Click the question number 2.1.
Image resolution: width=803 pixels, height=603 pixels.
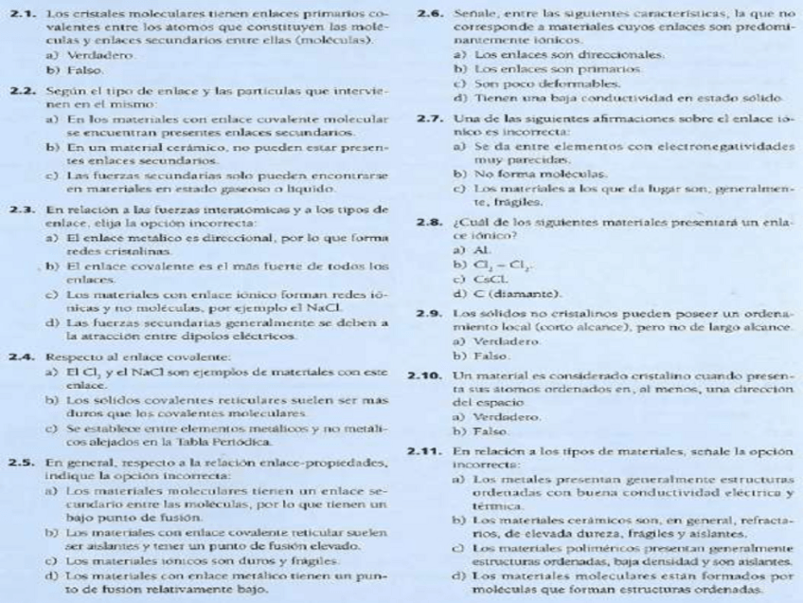21,17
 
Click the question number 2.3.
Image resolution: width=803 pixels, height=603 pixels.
21,208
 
